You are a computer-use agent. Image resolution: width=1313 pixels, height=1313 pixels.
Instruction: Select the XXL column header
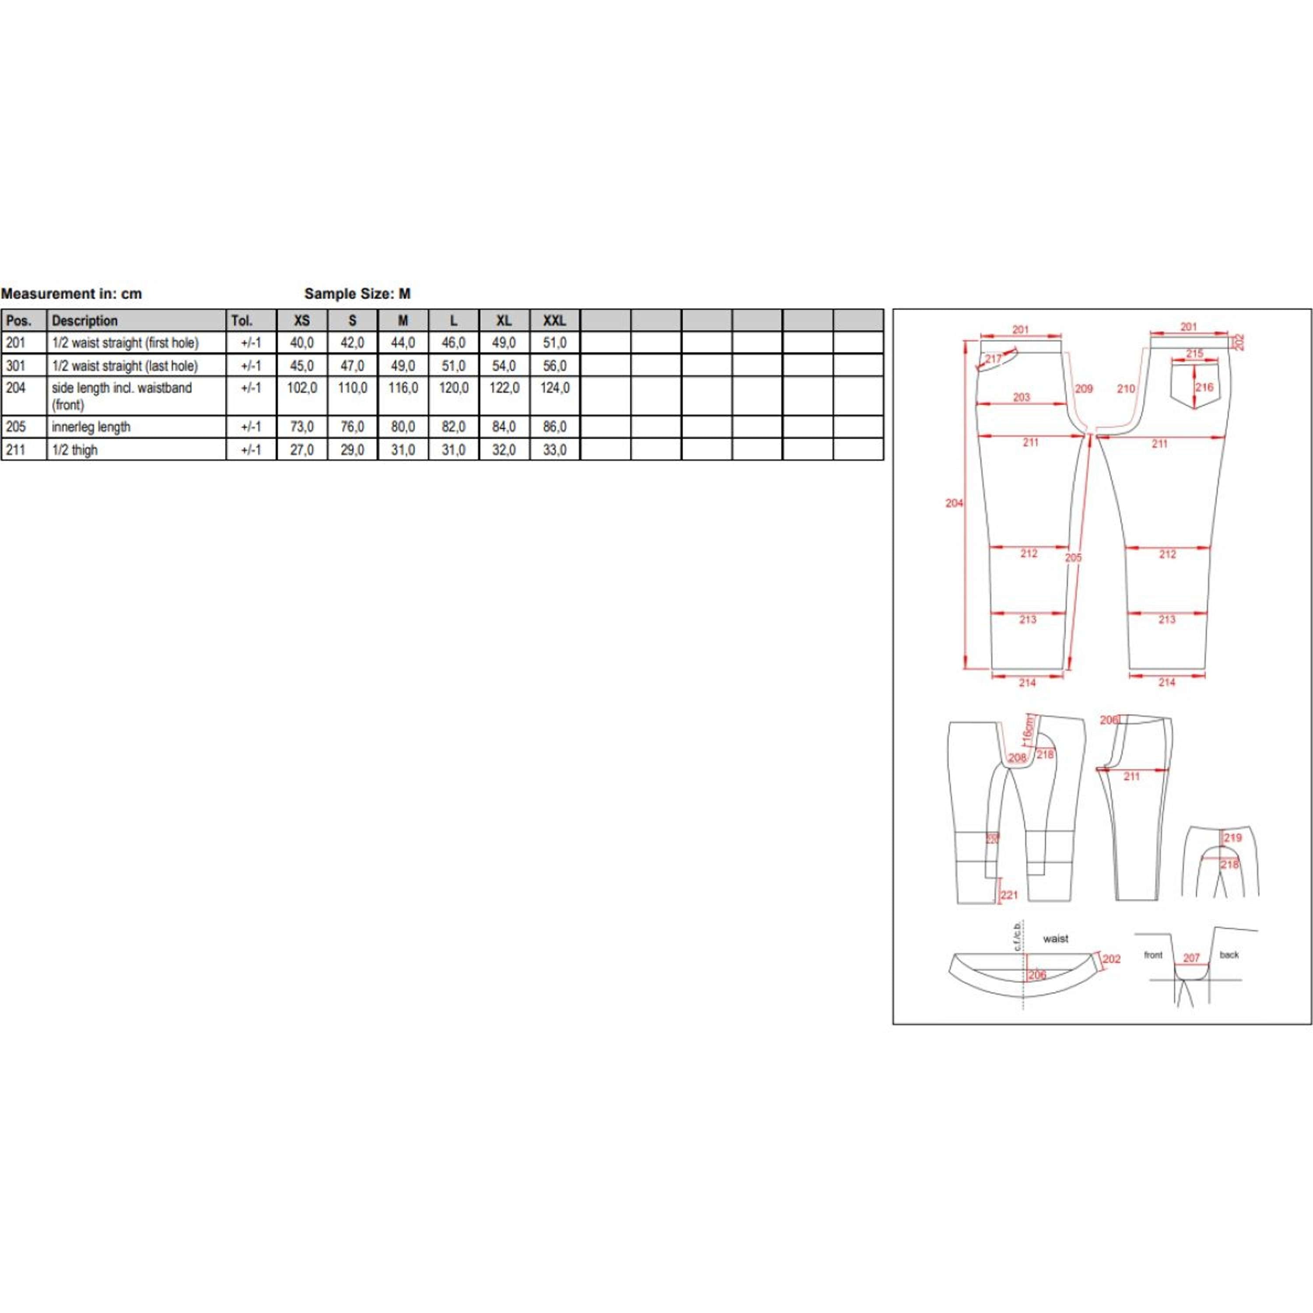tap(555, 320)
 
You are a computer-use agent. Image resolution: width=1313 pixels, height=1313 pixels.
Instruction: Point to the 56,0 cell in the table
tap(555, 365)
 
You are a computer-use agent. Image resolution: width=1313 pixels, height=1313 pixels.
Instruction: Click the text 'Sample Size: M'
tap(358, 294)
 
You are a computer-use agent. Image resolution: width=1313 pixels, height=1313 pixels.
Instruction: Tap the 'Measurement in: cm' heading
tap(71, 294)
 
